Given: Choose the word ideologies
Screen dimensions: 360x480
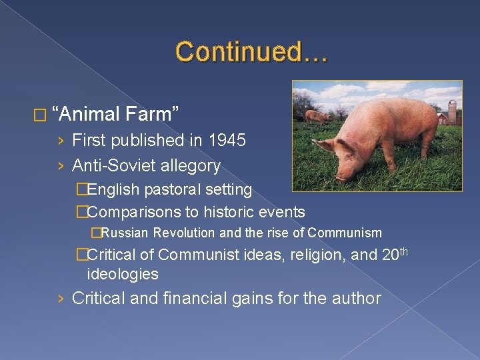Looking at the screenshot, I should (x=123, y=274).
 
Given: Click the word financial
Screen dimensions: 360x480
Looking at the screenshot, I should (x=202, y=298).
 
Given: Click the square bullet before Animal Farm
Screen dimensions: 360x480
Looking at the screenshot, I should (x=44, y=115).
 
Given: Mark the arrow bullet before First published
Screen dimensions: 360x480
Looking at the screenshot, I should (x=61, y=141).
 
